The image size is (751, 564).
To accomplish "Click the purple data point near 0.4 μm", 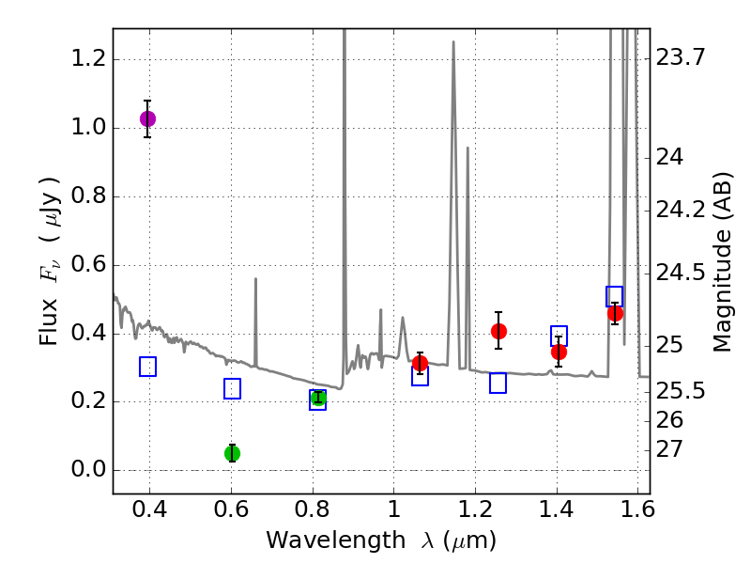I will coord(147,118).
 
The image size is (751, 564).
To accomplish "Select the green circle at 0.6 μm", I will coord(232,453).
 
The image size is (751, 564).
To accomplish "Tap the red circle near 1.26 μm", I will coord(498,331).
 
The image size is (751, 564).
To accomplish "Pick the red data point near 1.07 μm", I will coord(420,363).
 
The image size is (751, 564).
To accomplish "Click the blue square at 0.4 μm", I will coord(147,367).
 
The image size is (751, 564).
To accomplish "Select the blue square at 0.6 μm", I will coord(232,388).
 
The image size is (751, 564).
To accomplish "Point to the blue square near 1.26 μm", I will coord(498,383).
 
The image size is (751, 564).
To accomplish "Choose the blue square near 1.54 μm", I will coord(615,296).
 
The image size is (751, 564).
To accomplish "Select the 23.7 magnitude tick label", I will coord(680,58).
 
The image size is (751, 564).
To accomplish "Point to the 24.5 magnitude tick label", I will coord(680,274).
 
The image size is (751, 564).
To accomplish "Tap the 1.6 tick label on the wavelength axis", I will coord(637,513).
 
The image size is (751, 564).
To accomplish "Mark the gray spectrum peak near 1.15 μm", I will coord(453,43).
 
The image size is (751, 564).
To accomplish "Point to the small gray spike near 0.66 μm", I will coord(255,280).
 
